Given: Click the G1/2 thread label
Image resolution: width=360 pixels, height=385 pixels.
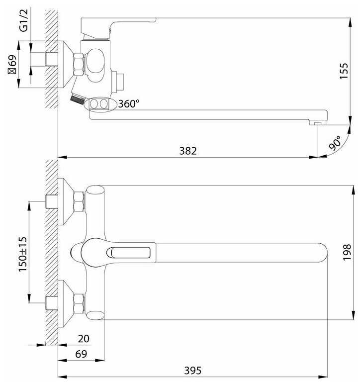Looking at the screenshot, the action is click(24, 20).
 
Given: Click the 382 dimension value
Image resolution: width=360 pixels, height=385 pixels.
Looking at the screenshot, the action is click(188, 151).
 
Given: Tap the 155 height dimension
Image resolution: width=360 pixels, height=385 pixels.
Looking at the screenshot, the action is click(344, 71).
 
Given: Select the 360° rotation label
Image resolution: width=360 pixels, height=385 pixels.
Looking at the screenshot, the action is click(129, 104).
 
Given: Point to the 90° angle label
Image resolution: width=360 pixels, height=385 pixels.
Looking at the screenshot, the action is click(335, 143).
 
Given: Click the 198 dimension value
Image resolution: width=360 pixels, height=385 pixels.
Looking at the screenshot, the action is click(347, 252).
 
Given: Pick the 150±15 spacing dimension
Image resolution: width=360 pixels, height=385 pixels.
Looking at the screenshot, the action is click(22, 254).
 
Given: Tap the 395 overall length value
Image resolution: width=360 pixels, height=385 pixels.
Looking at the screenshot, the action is click(193, 371).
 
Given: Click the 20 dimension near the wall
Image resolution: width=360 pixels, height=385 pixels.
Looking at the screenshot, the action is click(84, 339).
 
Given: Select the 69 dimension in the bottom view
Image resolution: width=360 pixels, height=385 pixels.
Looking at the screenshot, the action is click(81, 354).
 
